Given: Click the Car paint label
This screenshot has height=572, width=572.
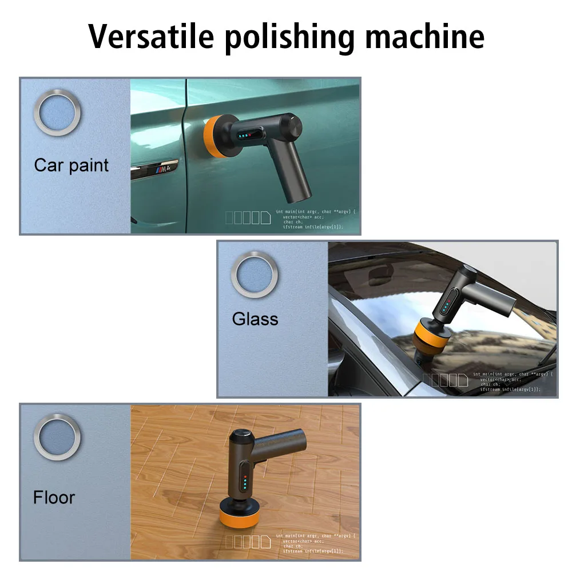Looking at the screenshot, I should coord(71,165).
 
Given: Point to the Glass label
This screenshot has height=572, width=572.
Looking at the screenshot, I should coord(255,319).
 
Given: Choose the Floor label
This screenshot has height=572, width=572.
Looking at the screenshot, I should coord(54,497).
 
